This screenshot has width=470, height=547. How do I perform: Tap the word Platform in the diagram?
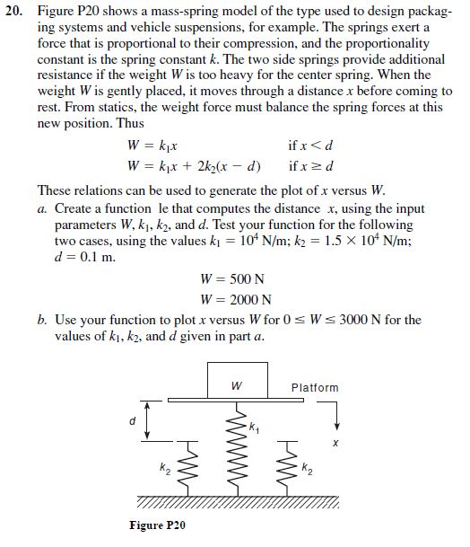(x=315, y=388)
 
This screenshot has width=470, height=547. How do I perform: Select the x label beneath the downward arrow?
(x=335, y=443)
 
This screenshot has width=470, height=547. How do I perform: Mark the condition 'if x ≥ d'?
(x=310, y=165)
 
